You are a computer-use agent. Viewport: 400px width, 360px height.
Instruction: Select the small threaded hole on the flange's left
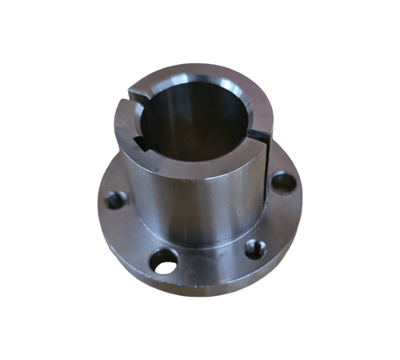pos(116,200)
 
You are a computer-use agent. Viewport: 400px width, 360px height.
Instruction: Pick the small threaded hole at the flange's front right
pos(255,248)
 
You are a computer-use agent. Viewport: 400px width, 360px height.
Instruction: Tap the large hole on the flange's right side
pos(284,183)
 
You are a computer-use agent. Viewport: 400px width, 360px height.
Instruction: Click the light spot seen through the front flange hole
pos(166,267)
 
